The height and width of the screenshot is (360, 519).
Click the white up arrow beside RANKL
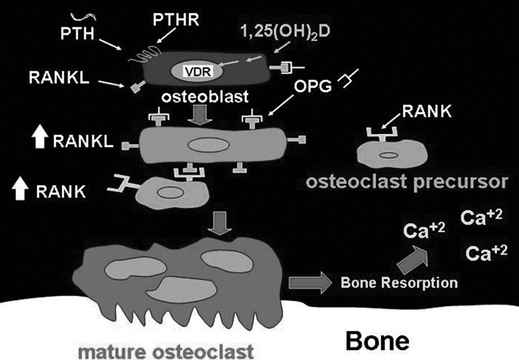40,139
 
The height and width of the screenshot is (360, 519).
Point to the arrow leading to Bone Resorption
308,282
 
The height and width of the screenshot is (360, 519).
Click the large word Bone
377,340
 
